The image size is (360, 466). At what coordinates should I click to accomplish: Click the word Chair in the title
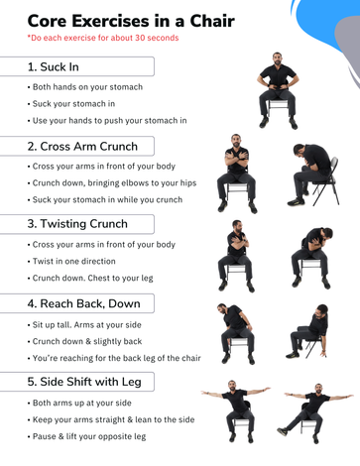pyautogui.click(x=212, y=21)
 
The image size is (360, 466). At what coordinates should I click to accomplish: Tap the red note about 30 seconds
pyautogui.click(x=103, y=38)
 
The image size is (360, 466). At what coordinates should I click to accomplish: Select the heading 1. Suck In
pyautogui.click(x=54, y=66)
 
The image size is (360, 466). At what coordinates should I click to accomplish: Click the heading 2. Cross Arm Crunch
pyautogui.click(x=82, y=146)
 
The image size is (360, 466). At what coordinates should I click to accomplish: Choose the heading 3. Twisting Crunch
pyautogui.click(x=77, y=224)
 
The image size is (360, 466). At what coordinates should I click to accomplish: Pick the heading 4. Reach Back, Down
pyautogui.click(x=84, y=303)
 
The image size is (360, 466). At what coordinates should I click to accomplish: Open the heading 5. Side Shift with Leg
pyautogui.click(x=84, y=382)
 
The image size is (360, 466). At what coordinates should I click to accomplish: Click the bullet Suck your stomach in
pyautogui.click(x=71, y=104)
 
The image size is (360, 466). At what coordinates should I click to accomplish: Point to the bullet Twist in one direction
pyautogui.click(x=71, y=261)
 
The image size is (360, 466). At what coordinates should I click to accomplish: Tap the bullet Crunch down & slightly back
pyautogui.click(x=84, y=341)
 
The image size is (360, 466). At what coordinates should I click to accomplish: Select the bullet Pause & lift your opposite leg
pyautogui.click(x=86, y=436)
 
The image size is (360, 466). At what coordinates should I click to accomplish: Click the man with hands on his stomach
pyautogui.click(x=278, y=90)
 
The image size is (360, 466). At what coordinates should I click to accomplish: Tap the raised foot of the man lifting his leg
pyautogui.click(x=282, y=431)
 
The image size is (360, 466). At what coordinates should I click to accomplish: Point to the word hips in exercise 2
pyautogui.click(x=188, y=183)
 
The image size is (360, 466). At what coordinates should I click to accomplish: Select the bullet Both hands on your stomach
pyautogui.click(x=85, y=87)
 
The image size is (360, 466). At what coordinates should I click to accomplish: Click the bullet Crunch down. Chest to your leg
pyautogui.click(x=90, y=278)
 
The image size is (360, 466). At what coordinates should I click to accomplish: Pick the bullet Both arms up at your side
pyautogui.click(x=79, y=403)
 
